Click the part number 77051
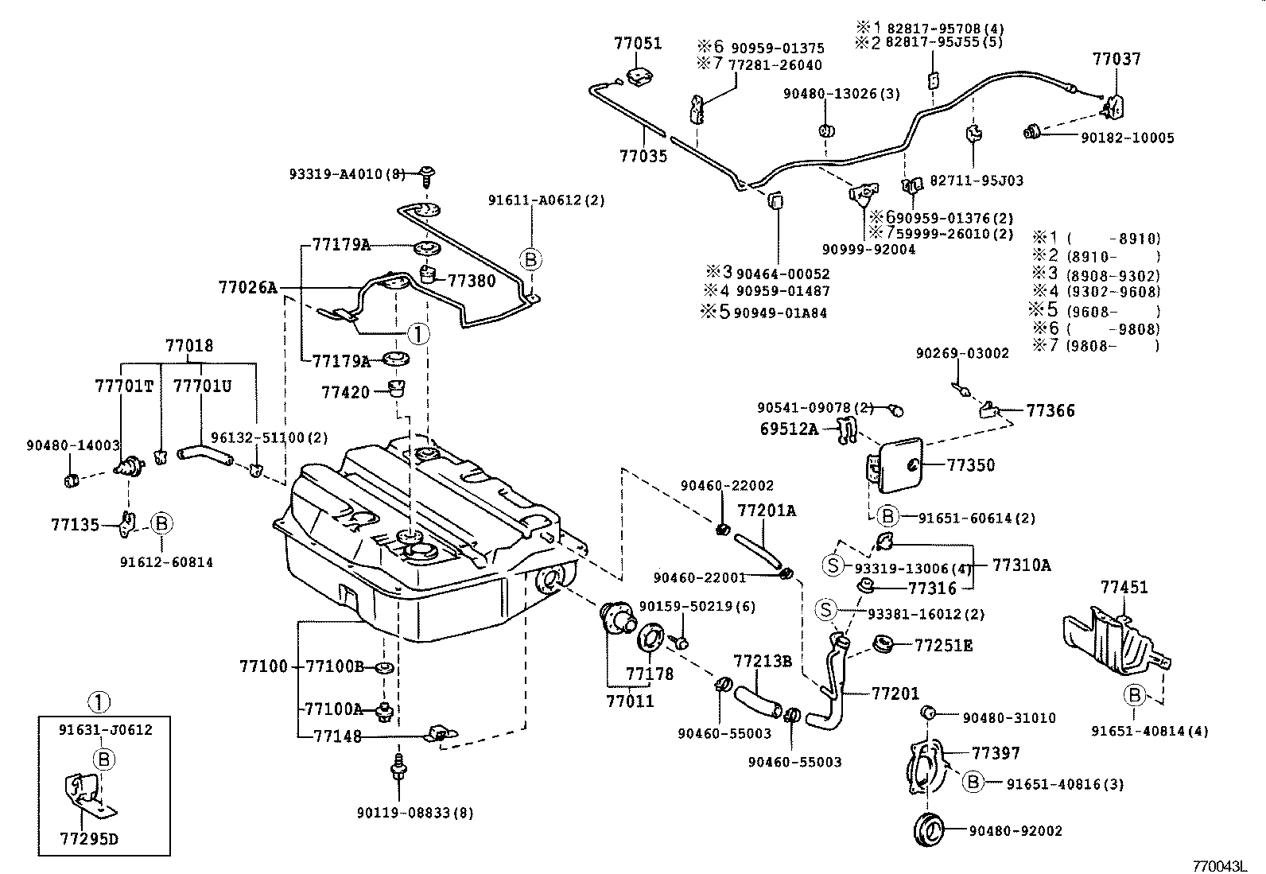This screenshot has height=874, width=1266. tap(637, 43)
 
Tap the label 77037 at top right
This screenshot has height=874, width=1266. tap(1116, 59)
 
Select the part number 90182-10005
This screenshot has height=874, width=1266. tap(1127, 138)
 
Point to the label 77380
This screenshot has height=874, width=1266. tap(472, 280)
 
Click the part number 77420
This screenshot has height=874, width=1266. tap(345, 392)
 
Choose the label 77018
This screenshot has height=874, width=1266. tap(189, 346)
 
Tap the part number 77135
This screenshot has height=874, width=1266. tap(75, 524)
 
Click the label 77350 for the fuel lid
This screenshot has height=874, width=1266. tap(971, 465)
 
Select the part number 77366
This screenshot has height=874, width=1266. tap(1050, 410)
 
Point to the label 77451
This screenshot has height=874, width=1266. tap(1124, 587)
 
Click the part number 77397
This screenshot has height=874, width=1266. tap(996, 752)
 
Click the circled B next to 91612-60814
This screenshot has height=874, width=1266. tap(161, 523)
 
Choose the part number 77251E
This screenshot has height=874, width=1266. tap(943, 645)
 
